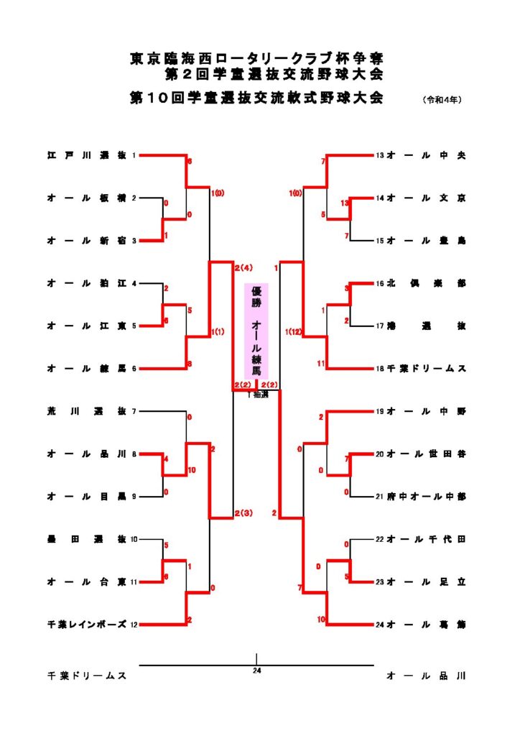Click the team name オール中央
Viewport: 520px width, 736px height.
[427, 155]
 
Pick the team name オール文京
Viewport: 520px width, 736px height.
[427, 198]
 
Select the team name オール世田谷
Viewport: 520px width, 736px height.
[427, 454]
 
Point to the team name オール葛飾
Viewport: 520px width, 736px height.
[427, 624]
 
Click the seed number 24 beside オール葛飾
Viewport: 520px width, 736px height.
[380, 624]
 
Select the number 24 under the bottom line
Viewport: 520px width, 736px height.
[256, 671]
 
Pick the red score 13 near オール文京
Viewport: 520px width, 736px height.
[345, 203]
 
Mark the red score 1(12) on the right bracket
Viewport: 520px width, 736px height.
[292, 331]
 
